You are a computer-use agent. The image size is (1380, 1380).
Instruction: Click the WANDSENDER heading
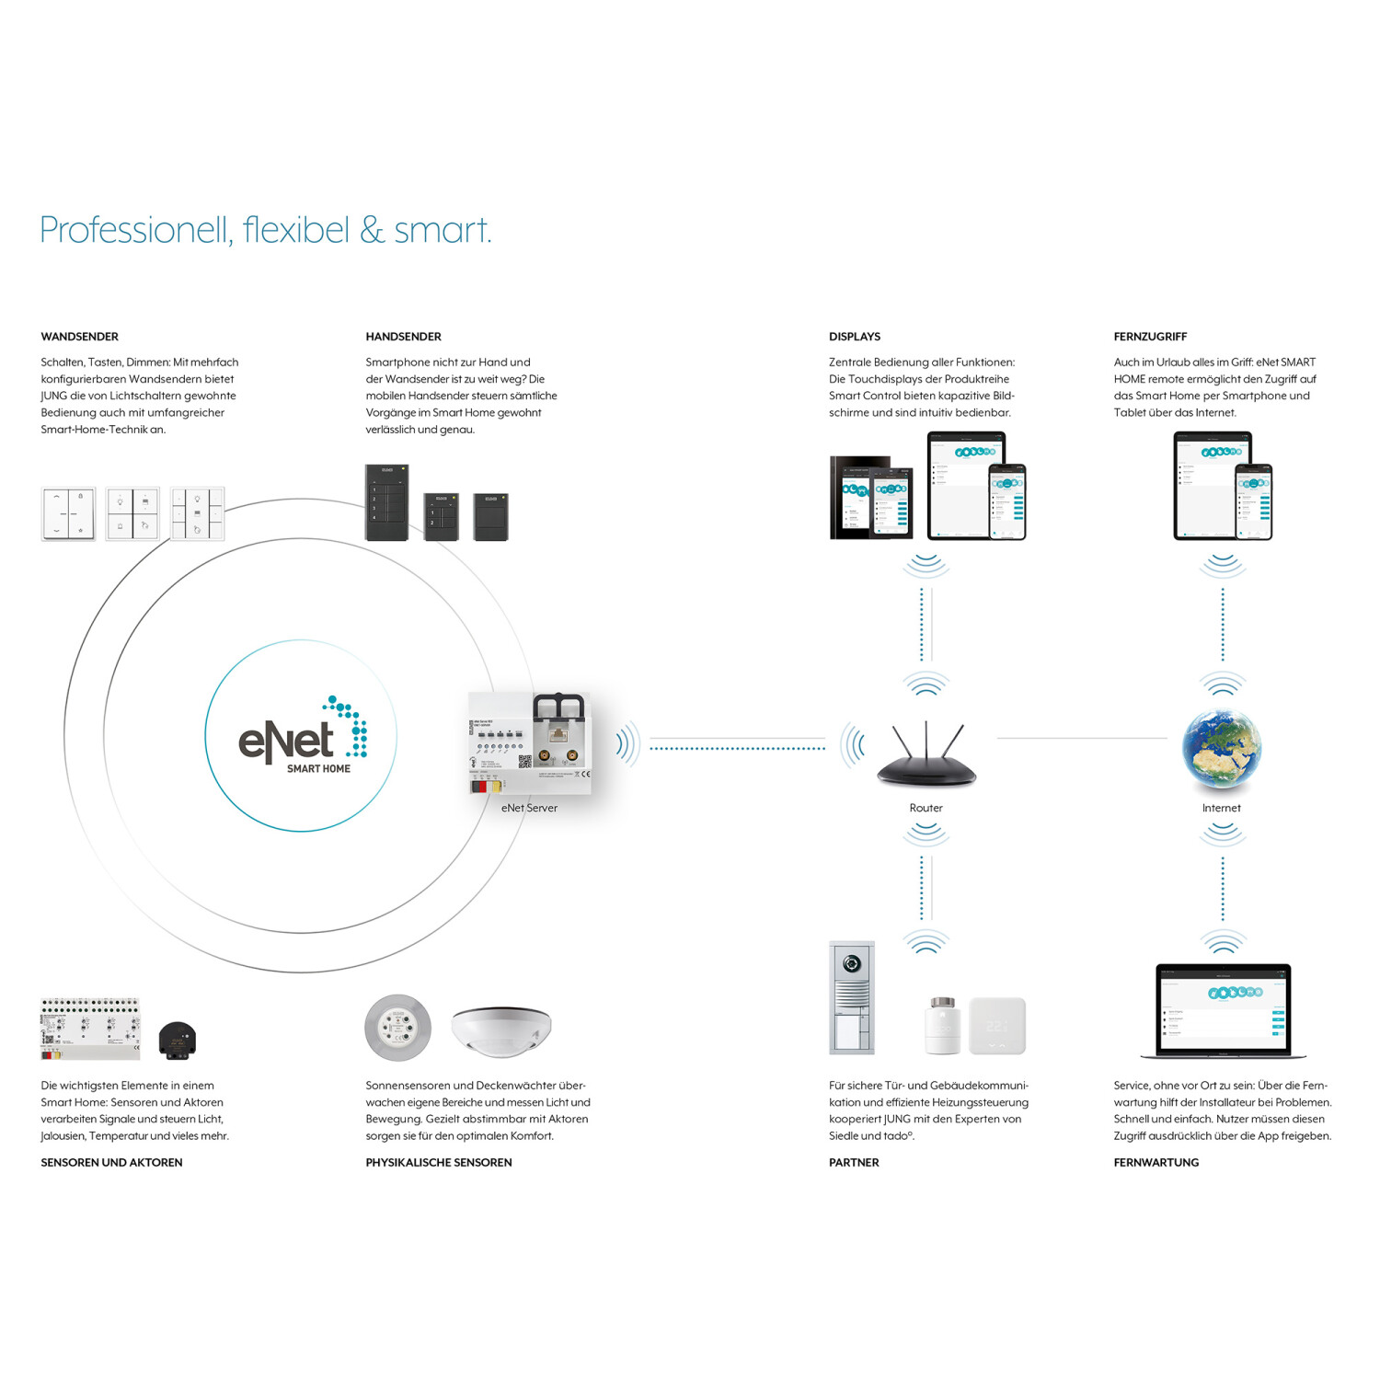(79, 337)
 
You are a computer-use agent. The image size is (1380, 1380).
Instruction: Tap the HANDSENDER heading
(403, 337)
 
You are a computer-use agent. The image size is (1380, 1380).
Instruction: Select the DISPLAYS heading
(854, 337)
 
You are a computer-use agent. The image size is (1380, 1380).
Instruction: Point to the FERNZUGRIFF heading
(1150, 337)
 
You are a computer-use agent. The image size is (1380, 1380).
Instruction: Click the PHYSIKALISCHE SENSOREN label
(438, 1162)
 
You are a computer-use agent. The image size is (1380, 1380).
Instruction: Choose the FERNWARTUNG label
(1156, 1162)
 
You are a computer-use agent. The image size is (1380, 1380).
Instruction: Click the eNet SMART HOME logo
(301, 737)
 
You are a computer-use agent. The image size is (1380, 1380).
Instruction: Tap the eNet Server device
(530, 743)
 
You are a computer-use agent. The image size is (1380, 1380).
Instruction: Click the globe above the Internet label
(1221, 749)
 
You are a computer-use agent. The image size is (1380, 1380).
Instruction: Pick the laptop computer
(1223, 1010)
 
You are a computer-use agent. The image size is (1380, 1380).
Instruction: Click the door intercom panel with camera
(851, 997)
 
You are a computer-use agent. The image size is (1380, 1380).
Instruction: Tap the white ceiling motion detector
(500, 1029)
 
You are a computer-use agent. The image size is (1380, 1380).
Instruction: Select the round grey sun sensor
(397, 1027)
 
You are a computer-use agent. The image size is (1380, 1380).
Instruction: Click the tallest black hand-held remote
(386, 502)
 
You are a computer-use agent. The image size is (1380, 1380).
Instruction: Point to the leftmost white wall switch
(68, 513)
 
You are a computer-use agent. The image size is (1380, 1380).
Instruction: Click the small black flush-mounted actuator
(177, 1040)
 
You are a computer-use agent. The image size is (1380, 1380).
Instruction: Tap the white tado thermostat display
(997, 1025)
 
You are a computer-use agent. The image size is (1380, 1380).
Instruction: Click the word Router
(926, 808)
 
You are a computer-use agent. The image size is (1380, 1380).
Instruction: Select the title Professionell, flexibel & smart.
(265, 230)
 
